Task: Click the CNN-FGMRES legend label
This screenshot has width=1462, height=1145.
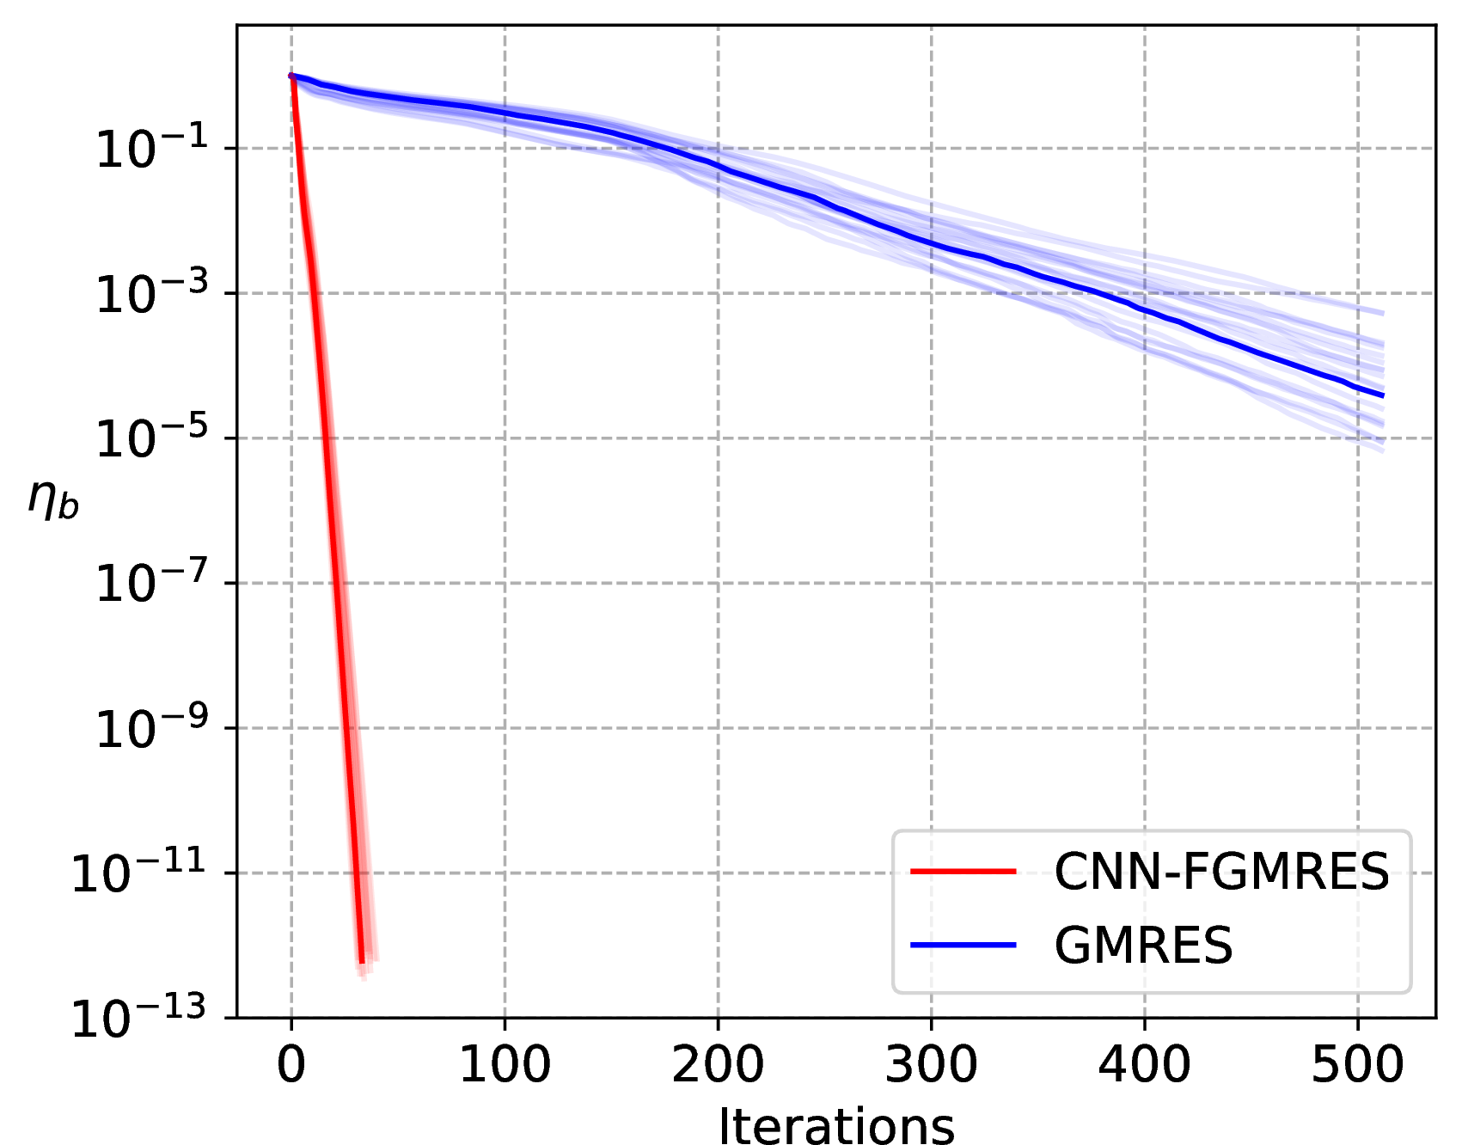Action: click(x=1221, y=872)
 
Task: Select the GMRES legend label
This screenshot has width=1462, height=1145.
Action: click(x=1143, y=945)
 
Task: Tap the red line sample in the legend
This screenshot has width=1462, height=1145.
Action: click(x=963, y=872)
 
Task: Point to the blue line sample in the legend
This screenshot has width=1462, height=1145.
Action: click(x=963, y=945)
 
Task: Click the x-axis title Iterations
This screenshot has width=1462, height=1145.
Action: click(x=836, y=1124)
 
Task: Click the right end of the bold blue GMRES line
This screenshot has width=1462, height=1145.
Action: click(x=1383, y=395)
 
